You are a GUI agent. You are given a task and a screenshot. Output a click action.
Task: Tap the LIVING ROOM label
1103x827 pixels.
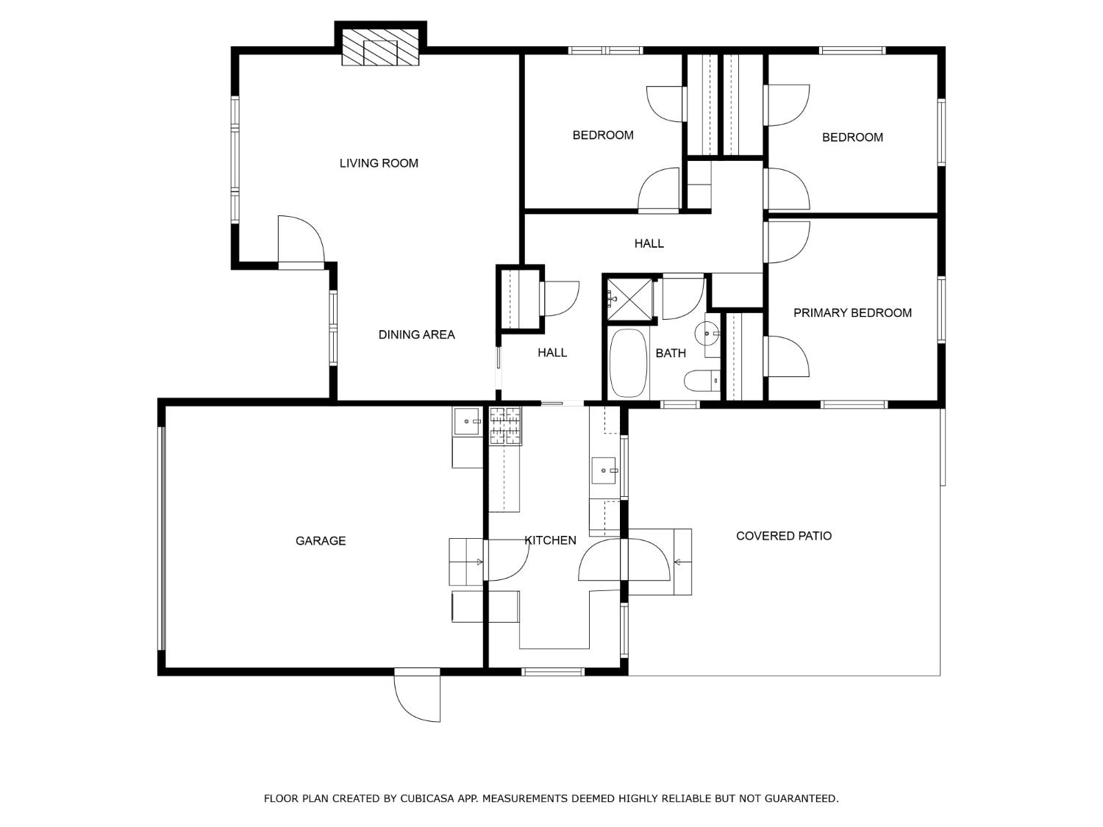click(x=379, y=163)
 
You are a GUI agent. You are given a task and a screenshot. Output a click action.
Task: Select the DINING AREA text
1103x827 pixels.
click(x=416, y=334)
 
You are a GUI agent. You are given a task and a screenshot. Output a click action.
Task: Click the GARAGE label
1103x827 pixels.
click(x=321, y=541)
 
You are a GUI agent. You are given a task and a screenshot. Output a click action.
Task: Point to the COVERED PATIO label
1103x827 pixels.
click(x=784, y=536)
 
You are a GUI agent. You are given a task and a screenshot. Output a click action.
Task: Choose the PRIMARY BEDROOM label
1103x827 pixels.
click(x=852, y=313)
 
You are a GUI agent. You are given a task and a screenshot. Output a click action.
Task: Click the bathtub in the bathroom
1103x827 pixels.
click(x=628, y=362)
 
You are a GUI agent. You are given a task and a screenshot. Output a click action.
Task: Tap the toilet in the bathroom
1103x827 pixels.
click(x=701, y=381)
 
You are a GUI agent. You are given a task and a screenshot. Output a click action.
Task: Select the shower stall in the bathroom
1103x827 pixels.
click(x=630, y=298)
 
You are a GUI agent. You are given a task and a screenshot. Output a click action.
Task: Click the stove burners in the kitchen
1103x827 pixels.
click(x=505, y=426)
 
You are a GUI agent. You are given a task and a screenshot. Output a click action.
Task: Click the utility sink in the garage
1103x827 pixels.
click(x=466, y=422)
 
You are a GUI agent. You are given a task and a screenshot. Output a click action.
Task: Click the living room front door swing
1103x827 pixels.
click(x=299, y=240)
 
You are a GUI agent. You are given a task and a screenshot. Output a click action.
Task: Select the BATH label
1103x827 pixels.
click(x=671, y=354)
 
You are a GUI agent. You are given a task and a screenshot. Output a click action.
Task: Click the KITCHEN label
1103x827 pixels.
click(x=551, y=541)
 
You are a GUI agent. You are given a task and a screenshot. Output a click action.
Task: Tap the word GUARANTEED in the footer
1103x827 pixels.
click(x=802, y=798)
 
